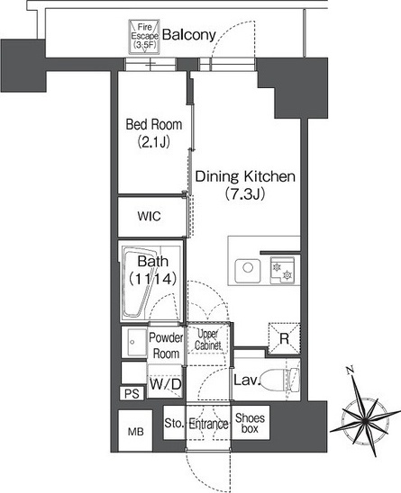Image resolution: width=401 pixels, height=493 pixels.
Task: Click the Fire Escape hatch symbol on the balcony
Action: tap(144, 37)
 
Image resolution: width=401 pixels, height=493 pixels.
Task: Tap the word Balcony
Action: tap(189, 35)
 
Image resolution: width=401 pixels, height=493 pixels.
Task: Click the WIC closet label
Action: tap(149, 216)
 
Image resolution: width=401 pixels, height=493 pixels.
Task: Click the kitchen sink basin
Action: tap(248, 271)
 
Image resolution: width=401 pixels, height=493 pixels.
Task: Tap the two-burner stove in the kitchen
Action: tap(282, 271)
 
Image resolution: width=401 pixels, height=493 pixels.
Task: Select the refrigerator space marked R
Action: tap(284, 338)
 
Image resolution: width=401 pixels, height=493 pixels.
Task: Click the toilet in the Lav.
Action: tap(279, 381)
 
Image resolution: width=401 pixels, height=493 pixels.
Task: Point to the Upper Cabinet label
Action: tap(208, 340)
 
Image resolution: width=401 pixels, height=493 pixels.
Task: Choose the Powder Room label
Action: tap(166, 345)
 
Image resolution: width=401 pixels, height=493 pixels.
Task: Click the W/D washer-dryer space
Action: tap(165, 383)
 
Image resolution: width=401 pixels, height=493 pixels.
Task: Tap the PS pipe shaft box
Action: tap(132, 394)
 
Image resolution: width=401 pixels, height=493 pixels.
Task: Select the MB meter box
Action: tap(135, 431)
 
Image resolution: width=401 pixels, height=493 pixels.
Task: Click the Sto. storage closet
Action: tap(174, 423)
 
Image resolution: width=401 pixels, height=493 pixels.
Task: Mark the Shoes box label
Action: tap(251, 423)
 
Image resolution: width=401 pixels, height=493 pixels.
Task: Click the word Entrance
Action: tap(208, 424)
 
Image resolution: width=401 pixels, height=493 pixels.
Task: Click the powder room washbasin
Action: tap(134, 342)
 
